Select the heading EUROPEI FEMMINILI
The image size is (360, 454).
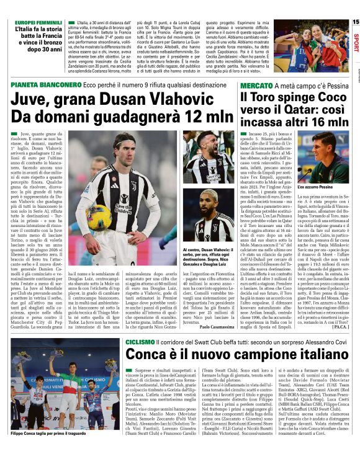click(x=37, y=22)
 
